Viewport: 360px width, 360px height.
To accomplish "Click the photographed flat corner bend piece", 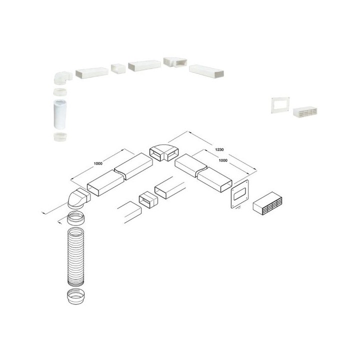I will pos(173,62).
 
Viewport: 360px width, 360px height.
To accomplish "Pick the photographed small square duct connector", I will pos(117,68).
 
